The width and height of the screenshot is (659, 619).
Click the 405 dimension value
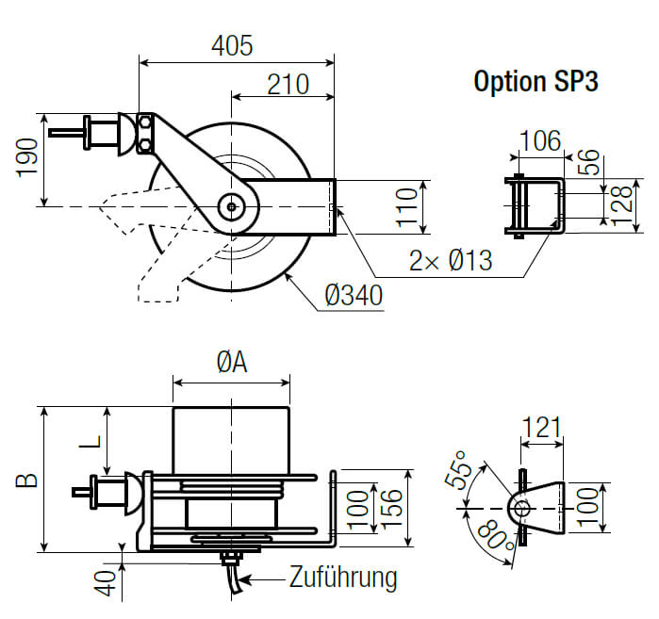(x=232, y=45)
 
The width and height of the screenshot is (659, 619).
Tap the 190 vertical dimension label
(x=26, y=157)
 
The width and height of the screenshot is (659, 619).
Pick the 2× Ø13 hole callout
(x=452, y=259)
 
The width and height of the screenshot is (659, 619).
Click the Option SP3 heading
(x=535, y=81)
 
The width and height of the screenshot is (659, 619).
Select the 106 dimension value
(x=540, y=141)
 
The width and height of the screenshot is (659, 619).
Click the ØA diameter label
(x=232, y=362)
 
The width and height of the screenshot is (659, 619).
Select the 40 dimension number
(x=108, y=581)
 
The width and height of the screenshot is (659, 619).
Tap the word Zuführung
(x=343, y=577)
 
